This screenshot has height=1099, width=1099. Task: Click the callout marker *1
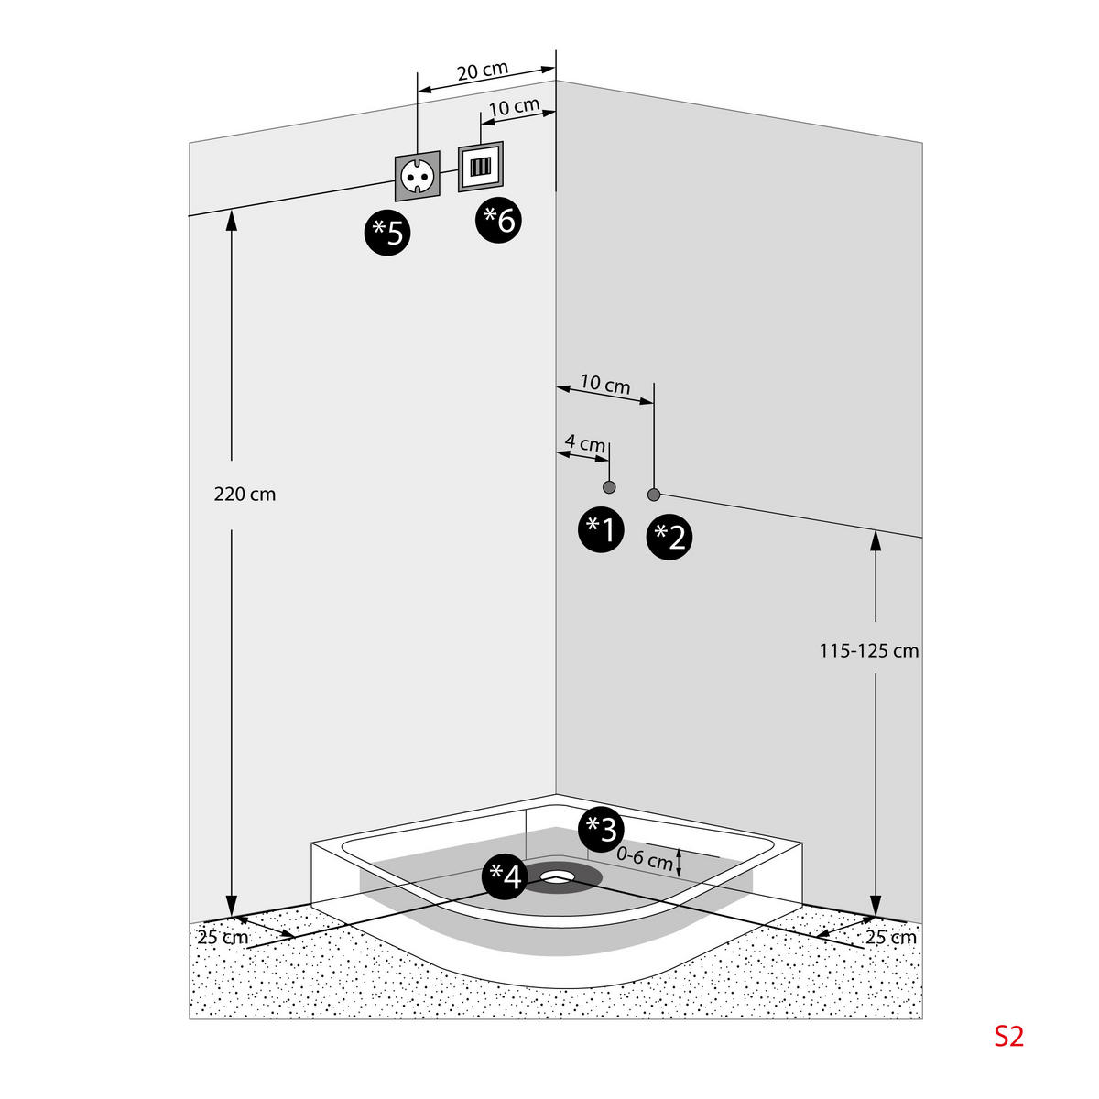click(x=601, y=528)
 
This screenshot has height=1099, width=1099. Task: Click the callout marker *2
click(x=669, y=537)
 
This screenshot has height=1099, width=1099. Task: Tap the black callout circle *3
click(x=601, y=830)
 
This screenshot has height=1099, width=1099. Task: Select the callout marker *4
click(x=505, y=877)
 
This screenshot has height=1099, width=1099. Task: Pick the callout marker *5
click(x=387, y=233)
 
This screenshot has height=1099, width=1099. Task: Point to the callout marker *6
click(x=499, y=220)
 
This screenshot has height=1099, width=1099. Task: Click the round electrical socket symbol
click(x=417, y=176)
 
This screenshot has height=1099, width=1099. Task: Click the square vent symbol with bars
click(x=481, y=166)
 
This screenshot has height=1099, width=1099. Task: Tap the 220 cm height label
click(x=245, y=495)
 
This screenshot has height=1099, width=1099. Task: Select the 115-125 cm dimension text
click(x=868, y=651)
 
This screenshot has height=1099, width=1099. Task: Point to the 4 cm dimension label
click(x=584, y=443)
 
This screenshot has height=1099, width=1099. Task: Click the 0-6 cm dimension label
click(x=645, y=859)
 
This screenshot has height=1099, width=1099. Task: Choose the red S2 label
click(x=1008, y=1036)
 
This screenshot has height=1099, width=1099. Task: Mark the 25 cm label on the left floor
click(x=223, y=938)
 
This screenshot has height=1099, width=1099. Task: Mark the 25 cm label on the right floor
click(x=890, y=938)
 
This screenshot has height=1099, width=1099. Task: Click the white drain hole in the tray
click(x=555, y=877)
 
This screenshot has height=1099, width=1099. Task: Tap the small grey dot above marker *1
click(x=609, y=486)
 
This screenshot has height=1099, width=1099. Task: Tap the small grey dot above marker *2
click(x=654, y=495)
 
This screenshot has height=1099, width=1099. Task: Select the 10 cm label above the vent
click(x=514, y=107)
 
